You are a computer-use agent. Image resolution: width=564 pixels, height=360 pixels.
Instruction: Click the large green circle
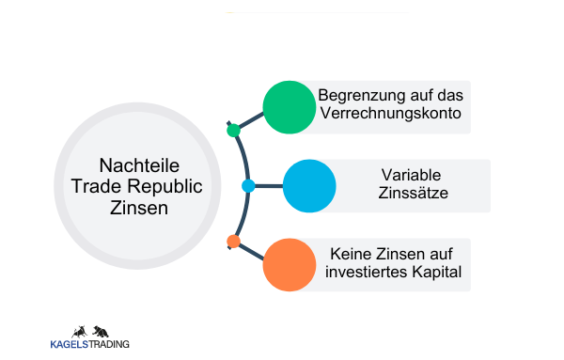coord(289,106)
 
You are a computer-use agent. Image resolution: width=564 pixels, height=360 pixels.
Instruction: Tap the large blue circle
coord(309,186)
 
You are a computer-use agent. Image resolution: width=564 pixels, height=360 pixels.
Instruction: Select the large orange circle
coord(289,264)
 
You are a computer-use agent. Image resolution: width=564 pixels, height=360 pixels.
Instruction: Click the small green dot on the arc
coord(234,131)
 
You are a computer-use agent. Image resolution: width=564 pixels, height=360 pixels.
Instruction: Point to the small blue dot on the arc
coord(248,186)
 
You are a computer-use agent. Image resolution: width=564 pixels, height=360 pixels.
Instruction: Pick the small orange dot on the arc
coord(234,242)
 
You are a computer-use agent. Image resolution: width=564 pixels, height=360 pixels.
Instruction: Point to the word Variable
coord(411,175)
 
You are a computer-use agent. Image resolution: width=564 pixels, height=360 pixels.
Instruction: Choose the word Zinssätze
coord(411,196)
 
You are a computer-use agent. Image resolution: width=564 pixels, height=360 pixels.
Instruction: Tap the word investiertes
coord(368,274)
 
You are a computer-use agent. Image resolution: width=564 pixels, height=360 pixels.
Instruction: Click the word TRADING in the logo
coord(110,345)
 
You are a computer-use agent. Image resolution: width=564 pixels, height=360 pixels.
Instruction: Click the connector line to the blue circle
coord(269,186)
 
